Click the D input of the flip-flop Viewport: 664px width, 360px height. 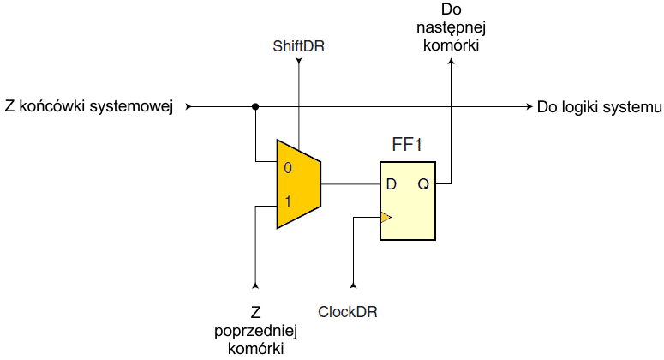[391, 184]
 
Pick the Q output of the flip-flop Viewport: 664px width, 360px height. [424, 184]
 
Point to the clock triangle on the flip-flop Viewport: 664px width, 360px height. [386, 218]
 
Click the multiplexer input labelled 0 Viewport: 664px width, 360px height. [288, 167]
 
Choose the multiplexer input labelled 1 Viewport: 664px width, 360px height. [288, 202]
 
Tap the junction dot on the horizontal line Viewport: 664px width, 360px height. [255, 107]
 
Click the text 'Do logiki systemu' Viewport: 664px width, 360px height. [600, 107]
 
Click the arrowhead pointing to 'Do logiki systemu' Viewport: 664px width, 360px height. [528, 107]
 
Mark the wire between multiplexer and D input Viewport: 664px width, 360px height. [350, 183]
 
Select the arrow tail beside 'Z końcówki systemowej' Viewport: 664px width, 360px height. [189, 107]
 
